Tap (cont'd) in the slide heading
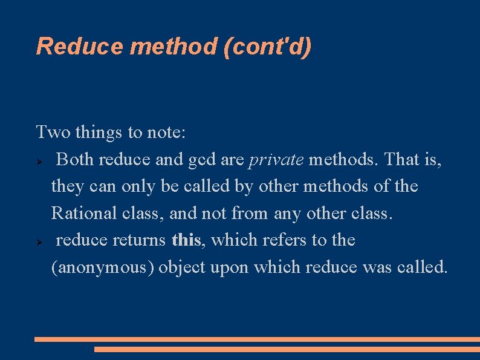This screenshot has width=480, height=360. click(x=267, y=47)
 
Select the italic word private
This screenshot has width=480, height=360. click(x=276, y=160)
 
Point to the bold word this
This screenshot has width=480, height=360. click(x=186, y=240)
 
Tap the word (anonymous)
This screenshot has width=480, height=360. click(x=102, y=267)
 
